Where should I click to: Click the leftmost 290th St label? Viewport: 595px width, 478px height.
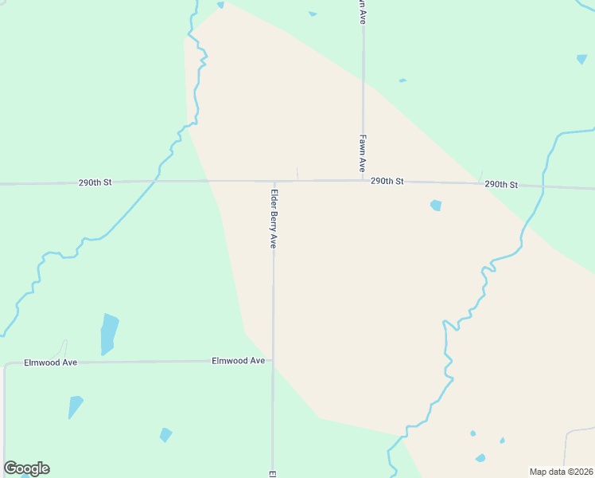(95, 182)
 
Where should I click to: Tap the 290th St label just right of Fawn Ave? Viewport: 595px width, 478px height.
(387, 182)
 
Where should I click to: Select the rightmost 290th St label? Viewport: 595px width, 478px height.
(501, 185)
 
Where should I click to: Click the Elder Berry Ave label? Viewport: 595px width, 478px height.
(274, 218)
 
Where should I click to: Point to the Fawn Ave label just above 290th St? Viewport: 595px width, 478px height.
(362, 153)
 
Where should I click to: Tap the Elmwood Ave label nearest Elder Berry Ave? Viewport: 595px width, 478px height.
(238, 361)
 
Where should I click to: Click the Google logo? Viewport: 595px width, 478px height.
(26, 468)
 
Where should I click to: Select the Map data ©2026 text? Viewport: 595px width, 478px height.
(561, 472)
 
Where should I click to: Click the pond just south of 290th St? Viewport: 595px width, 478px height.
(436, 206)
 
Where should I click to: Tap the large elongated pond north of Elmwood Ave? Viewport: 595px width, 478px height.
(108, 333)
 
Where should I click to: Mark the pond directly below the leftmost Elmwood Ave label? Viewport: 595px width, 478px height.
(75, 406)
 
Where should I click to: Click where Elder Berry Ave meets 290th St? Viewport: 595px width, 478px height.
(274, 182)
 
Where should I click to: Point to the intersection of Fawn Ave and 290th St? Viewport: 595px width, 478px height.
(363, 181)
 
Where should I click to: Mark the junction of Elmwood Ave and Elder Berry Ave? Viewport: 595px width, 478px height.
(273, 361)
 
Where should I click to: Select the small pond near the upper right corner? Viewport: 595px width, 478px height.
(582, 59)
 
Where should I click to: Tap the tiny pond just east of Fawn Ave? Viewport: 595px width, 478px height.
(402, 80)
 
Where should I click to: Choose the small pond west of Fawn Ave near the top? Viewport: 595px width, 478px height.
(313, 14)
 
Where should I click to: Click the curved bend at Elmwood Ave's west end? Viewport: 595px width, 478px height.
(6, 366)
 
